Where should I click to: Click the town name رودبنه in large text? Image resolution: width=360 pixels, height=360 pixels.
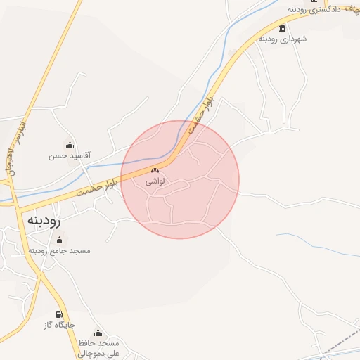pos(44,219)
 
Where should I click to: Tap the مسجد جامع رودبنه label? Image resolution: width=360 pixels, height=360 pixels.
pos(60,250)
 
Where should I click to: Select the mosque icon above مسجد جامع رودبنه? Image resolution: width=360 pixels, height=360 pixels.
pos(58,240)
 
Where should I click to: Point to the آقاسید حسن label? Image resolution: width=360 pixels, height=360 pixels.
pos(69,155)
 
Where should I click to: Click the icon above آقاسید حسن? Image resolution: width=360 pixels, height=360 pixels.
pos(69,145)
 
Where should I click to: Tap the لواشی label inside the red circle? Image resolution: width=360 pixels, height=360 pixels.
pos(155,181)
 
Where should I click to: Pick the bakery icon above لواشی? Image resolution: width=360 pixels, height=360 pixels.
pos(155,170)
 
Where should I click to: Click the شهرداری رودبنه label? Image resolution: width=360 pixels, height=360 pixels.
pos(282,39)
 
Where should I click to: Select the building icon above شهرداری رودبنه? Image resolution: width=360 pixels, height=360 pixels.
pos(282,28)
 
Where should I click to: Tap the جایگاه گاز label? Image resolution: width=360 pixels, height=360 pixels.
pos(60,325)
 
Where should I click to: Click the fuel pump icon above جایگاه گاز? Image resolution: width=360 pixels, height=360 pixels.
pos(59,314)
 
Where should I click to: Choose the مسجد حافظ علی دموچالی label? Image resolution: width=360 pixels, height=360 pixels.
pos(98,347)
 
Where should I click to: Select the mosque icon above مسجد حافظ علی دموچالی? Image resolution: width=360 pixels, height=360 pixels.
pos(98,332)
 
